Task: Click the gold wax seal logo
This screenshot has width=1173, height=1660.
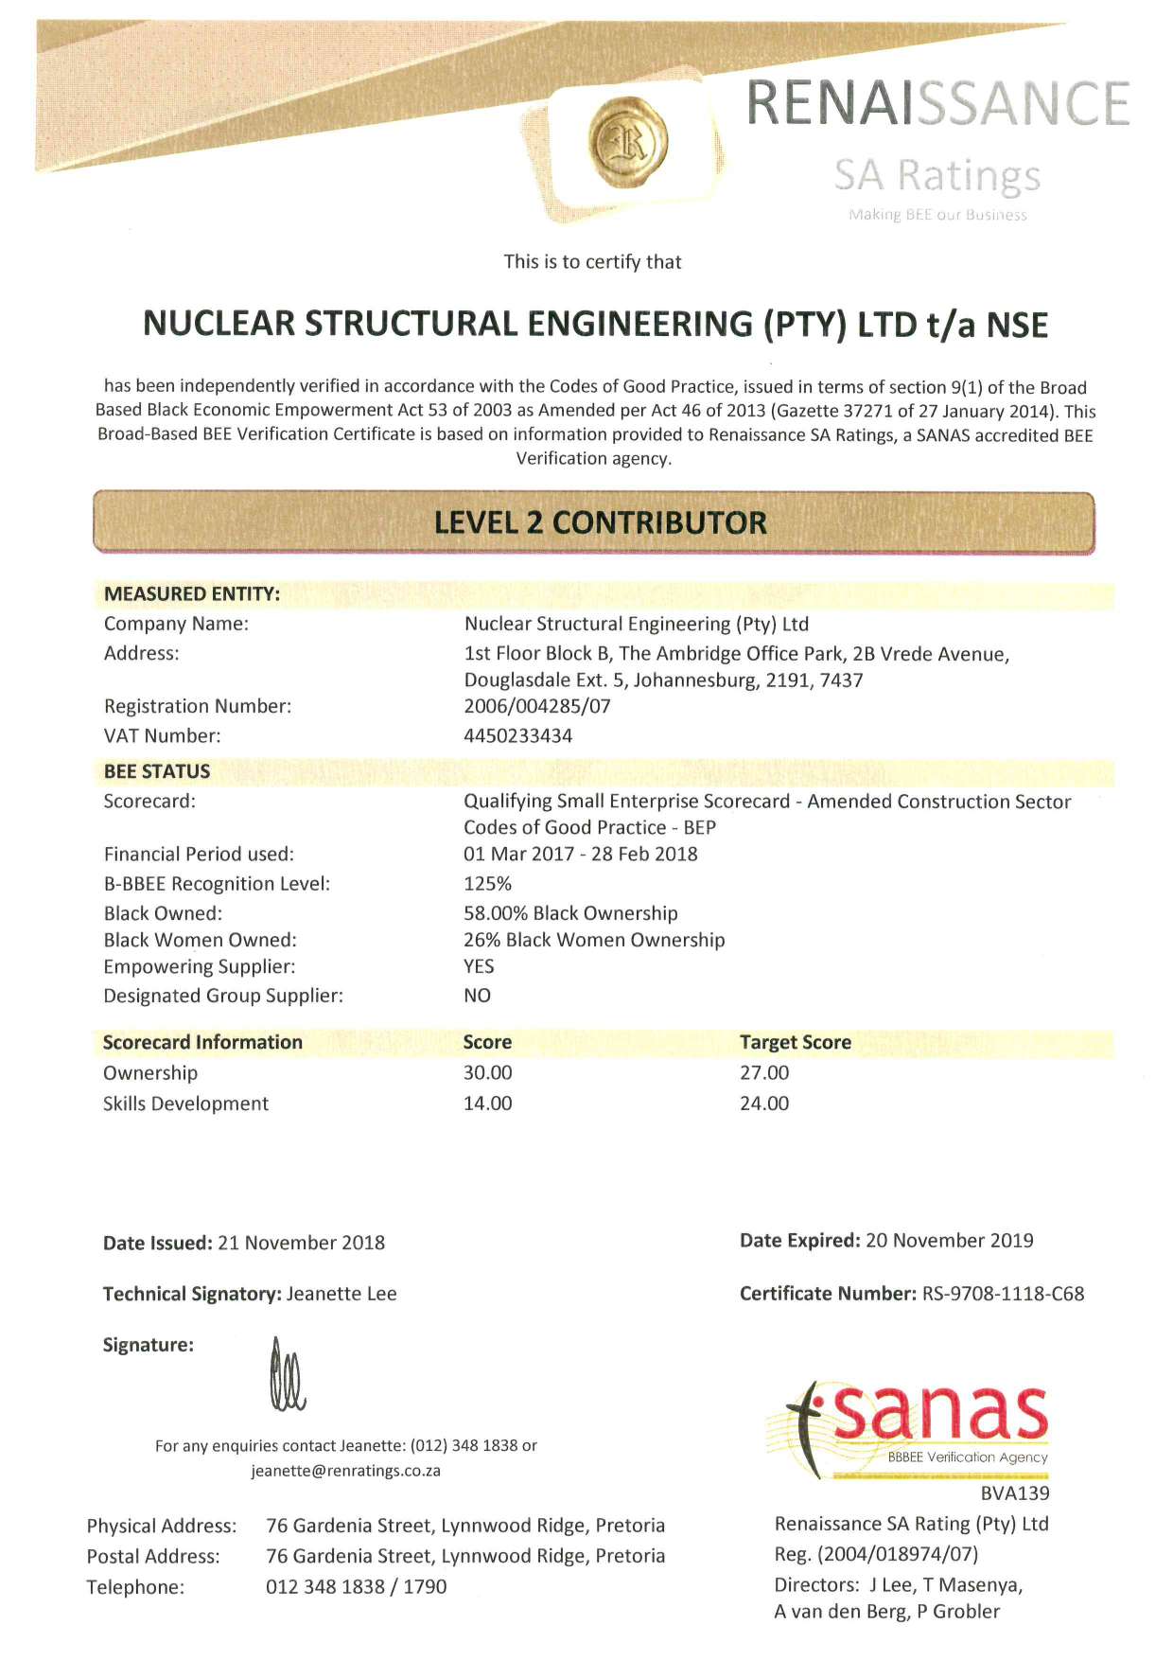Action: pos(628,142)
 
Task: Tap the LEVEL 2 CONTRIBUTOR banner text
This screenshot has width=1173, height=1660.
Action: pos(600,522)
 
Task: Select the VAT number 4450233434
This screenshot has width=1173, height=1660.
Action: pos(517,735)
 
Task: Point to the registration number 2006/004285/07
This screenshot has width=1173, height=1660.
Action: pos(536,706)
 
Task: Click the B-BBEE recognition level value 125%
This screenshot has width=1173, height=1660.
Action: pos(487,883)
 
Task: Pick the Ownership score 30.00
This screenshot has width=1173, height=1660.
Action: pos(487,1072)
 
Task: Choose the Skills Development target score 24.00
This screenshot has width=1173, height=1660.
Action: pos(763,1103)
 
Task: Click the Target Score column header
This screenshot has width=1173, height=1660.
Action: pos(795,1042)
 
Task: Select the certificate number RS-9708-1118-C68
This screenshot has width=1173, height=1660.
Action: pos(1003,1293)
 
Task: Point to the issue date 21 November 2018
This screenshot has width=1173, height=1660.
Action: pos(301,1243)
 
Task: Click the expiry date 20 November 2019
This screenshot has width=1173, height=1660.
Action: pos(949,1240)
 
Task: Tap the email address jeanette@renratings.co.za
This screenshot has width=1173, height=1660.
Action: pos(345,1471)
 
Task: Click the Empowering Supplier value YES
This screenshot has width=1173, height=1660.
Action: pos(479,966)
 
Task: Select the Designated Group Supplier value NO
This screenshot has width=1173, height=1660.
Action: pos(477,996)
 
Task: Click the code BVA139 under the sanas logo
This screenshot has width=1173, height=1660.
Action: pos(1015,1493)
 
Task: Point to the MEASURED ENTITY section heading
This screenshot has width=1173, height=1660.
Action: pos(191,593)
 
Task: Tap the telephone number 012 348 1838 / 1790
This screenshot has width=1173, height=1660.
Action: pos(356,1586)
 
